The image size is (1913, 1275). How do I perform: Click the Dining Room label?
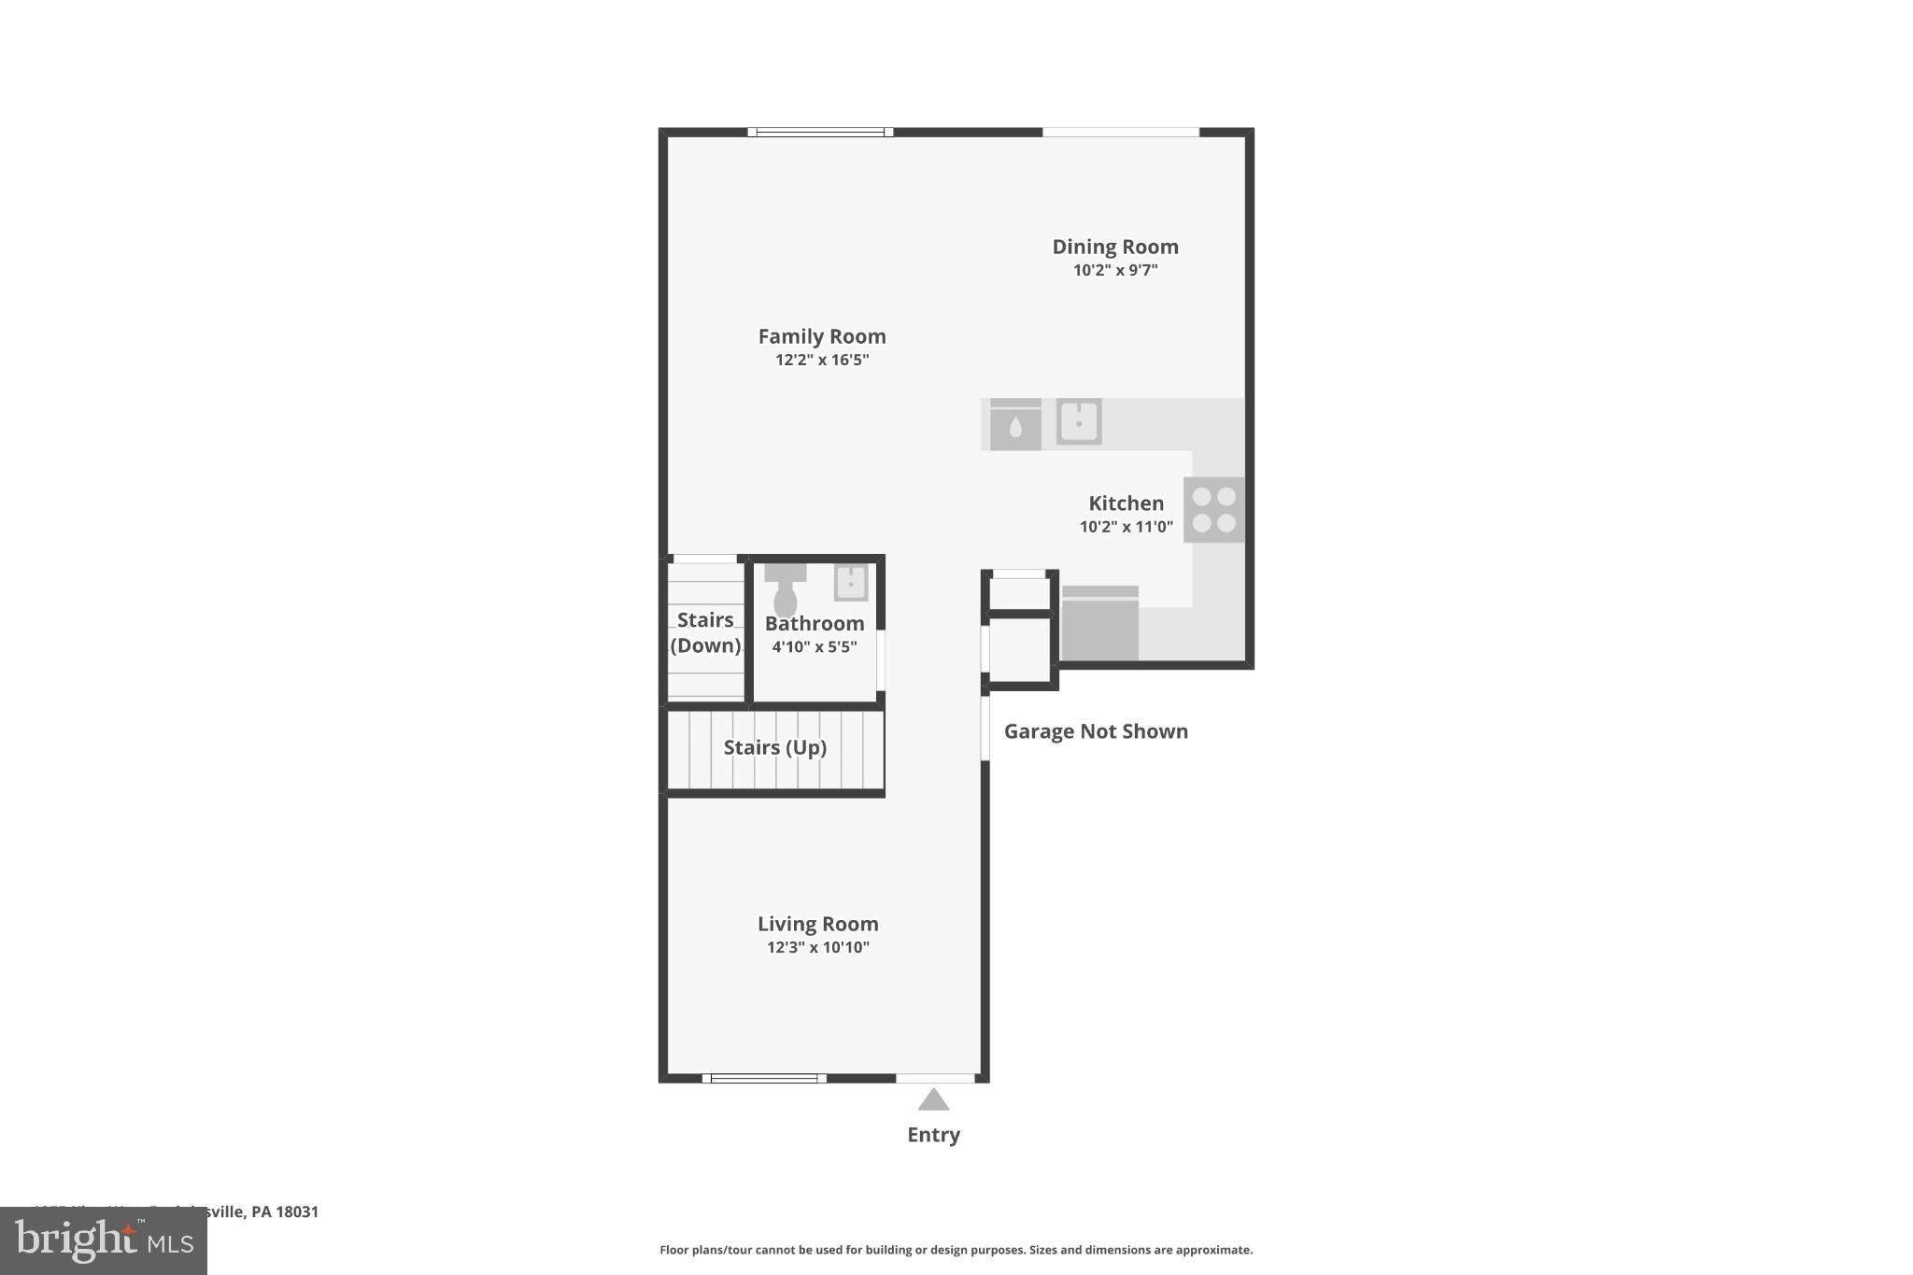[1114, 247]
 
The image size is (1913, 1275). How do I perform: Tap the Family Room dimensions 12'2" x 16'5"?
[822, 360]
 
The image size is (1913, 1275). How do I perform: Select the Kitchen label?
[1126, 503]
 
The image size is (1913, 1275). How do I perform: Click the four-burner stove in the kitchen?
[1213, 510]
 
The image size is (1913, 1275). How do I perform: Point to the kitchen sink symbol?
[1079, 421]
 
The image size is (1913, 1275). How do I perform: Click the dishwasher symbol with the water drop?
[1015, 425]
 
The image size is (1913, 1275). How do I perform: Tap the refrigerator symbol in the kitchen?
[1099, 624]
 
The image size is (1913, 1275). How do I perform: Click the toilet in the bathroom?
[786, 591]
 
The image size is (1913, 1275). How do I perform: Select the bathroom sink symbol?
[851, 582]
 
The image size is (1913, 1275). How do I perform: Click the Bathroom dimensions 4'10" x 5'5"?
[814, 646]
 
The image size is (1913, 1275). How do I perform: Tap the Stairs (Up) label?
[774, 747]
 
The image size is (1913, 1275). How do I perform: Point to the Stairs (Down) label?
[705, 632]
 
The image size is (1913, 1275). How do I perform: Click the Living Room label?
[817, 924]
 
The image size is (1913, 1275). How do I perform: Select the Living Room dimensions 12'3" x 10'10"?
[818, 947]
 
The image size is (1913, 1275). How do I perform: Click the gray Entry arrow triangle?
[933, 1100]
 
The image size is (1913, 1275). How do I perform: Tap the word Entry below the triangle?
[933, 1134]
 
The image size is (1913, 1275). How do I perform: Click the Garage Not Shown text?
[1096, 731]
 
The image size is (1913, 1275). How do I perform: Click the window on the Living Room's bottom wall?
[764, 1078]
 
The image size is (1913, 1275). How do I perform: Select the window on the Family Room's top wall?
[820, 132]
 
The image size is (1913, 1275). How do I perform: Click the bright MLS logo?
[104, 1241]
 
